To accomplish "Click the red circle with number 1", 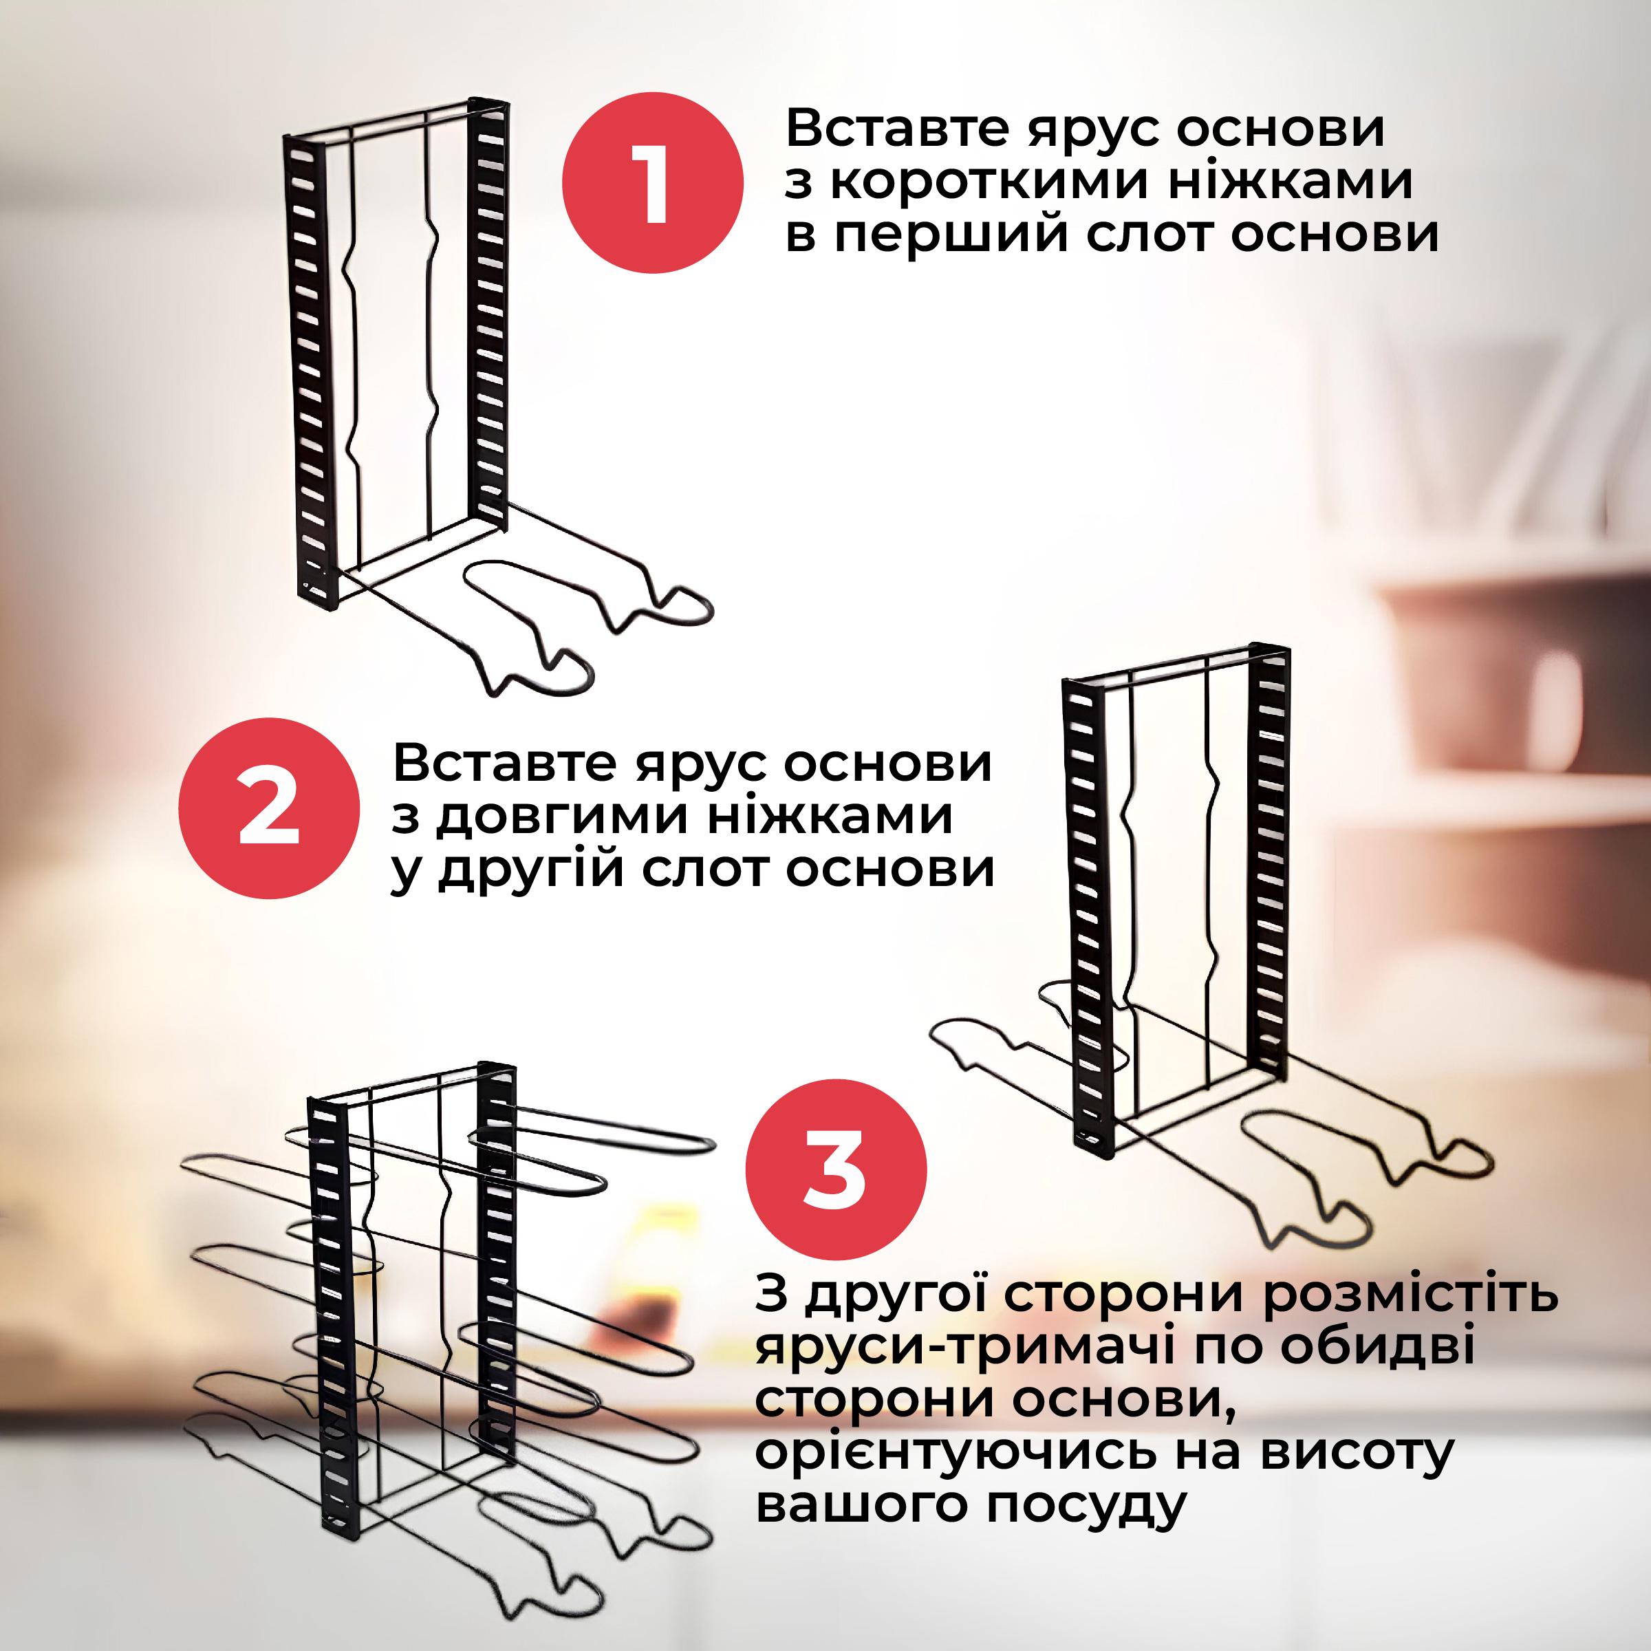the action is click(x=653, y=184).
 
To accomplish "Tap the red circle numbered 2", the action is click(x=268, y=808).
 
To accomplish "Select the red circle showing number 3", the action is click(x=836, y=1176).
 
